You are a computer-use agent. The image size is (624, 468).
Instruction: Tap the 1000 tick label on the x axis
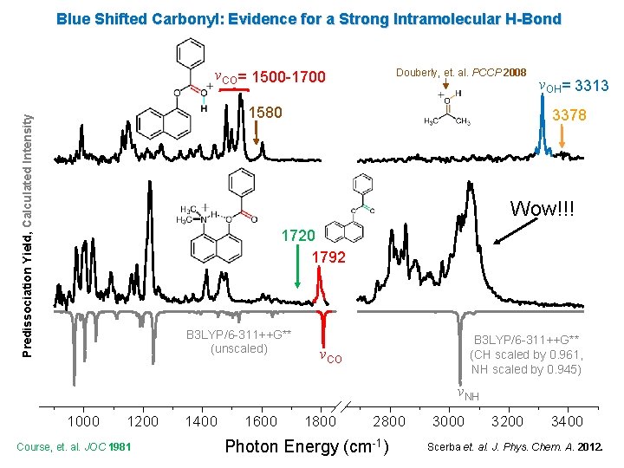tap(83, 422)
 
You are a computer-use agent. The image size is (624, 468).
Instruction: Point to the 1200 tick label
tap(142, 422)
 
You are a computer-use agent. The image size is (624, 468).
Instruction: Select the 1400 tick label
tap(202, 422)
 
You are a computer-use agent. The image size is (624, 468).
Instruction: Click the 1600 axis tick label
tap(261, 422)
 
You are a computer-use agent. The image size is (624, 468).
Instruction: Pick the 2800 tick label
tap(388, 422)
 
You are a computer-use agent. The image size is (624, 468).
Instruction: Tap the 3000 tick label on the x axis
tap(448, 422)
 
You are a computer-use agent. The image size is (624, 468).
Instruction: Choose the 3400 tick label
tap(567, 422)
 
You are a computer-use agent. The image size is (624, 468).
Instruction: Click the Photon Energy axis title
tap(305, 447)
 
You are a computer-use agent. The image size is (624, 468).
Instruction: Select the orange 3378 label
tap(569, 115)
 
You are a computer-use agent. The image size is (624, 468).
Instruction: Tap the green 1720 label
tap(297, 236)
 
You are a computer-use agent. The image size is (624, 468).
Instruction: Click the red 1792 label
tap(328, 257)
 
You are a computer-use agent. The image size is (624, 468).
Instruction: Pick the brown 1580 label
tap(264, 114)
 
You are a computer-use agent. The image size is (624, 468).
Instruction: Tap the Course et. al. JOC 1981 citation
tap(74, 447)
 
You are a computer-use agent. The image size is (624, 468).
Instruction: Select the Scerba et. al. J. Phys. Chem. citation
tap(520, 447)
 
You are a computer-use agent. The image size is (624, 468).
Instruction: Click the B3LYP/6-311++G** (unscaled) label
tap(238, 342)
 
